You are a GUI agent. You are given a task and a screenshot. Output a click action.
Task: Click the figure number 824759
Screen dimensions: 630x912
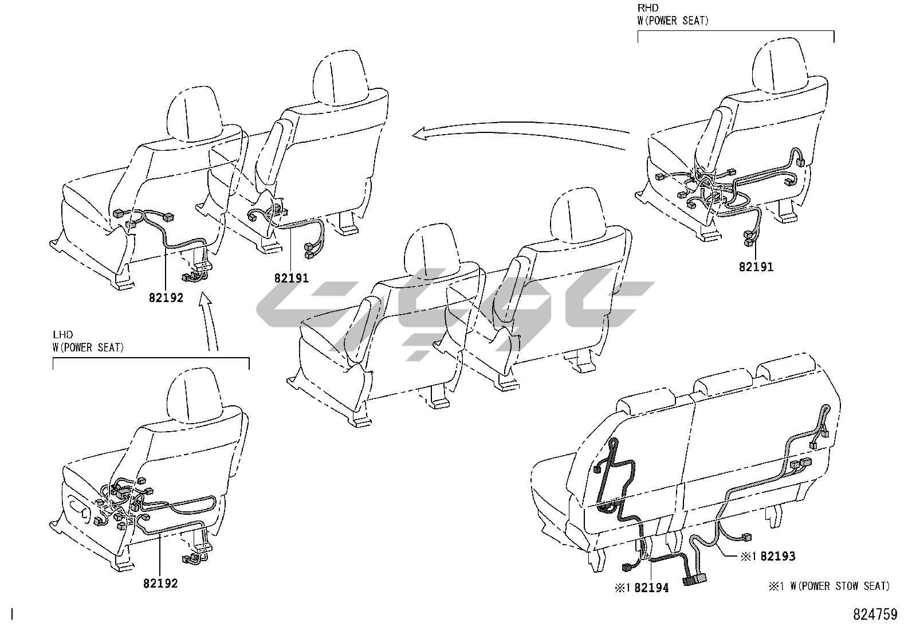[875, 614]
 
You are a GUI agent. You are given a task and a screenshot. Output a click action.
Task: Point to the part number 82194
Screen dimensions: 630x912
[651, 588]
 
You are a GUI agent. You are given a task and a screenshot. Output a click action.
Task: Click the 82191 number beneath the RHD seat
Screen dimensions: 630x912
[756, 267]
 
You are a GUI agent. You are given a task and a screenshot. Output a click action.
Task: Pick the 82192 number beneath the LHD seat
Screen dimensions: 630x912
[160, 584]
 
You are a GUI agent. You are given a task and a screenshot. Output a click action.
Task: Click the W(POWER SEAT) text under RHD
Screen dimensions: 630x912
[673, 21]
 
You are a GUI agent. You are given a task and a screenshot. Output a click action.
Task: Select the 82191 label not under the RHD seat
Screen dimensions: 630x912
[291, 279]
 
